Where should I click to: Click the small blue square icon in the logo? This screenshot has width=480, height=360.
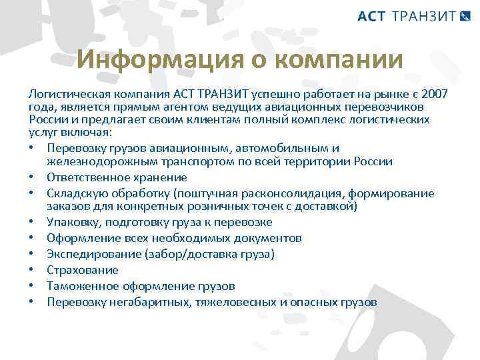[465, 15]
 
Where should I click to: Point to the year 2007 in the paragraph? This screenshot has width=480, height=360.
[434, 95]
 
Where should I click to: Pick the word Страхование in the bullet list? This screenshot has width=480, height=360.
[83, 270]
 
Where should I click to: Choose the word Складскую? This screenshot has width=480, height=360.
[75, 193]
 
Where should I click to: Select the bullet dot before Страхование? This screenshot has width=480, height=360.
[32, 270]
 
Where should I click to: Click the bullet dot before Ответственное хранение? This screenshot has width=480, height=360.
[32, 177]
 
